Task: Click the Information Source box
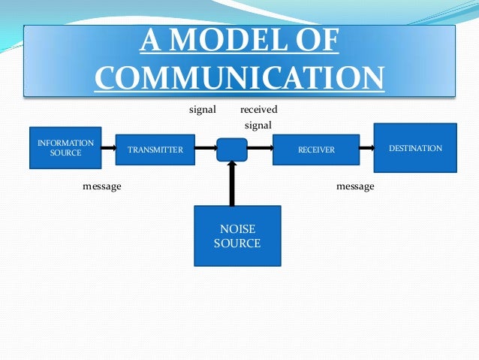(65, 147)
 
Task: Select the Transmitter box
(155, 150)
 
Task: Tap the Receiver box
(316, 150)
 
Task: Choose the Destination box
(415, 148)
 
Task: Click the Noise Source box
(237, 236)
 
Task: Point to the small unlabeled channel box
(232, 150)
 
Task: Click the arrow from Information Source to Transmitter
(107, 148)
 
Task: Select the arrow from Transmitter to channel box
(205, 149)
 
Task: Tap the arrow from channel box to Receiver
(260, 149)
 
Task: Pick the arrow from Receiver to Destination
(368, 149)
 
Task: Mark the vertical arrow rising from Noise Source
(232, 183)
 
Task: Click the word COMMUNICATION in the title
(239, 78)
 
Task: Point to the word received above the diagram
(258, 110)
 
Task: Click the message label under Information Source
(101, 186)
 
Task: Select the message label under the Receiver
(355, 186)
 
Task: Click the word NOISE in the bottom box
(237, 229)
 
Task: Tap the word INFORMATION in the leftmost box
(65, 142)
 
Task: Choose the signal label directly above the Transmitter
(202, 110)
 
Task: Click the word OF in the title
(318, 43)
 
